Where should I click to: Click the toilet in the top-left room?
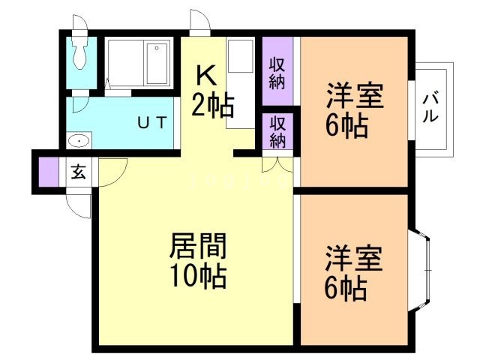[x=79, y=52]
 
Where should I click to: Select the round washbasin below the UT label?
[x=79, y=141]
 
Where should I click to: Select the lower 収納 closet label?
[x=277, y=131]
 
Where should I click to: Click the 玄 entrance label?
[x=78, y=171]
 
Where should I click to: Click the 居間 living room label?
[x=199, y=246]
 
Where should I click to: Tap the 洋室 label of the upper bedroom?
[x=353, y=97]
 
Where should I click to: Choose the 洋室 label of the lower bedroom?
[x=353, y=259]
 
